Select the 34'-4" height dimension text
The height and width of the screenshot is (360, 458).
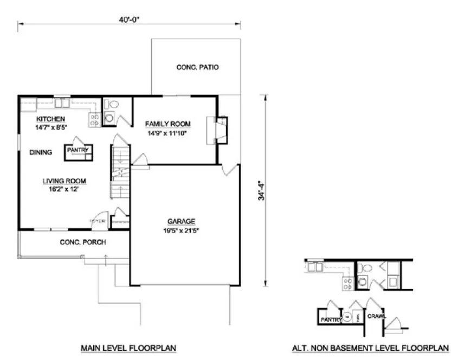262,191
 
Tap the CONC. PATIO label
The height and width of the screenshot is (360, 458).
197,68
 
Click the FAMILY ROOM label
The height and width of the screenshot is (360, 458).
167,124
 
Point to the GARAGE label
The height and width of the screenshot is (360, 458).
180,221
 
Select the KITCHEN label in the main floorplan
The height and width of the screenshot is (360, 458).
50,119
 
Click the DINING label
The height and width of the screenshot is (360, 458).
41,152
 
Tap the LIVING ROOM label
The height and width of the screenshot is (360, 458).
64,181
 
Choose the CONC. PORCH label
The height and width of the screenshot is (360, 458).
82,242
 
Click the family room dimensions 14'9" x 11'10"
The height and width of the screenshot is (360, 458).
167,132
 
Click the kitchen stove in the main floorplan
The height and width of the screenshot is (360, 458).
94,119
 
